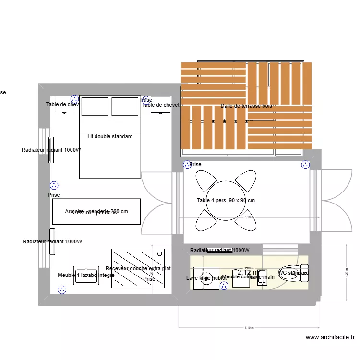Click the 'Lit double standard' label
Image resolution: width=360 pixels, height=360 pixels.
click(110, 137)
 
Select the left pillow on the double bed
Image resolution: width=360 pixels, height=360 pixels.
click(95, 107)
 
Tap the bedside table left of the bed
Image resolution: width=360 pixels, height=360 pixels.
click(64, 105)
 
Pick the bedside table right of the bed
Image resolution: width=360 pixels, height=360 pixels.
click(160, 105)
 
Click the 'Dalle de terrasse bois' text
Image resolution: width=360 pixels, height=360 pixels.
click(246, 106)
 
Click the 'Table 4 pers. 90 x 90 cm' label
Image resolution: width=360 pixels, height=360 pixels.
click(226, 201)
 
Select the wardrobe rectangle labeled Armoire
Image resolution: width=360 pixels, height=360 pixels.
click(96, 212)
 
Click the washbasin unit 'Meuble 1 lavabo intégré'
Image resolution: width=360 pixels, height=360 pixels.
click(86, 276)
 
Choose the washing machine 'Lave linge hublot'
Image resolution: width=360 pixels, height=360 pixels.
click(206, 278)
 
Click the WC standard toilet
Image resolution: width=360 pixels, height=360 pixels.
click(292, 273)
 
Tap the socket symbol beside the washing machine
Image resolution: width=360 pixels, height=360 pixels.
click(224, 286)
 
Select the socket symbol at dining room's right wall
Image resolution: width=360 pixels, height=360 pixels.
click(305, 165)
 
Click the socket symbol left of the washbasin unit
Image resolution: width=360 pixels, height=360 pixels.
click(61, 289)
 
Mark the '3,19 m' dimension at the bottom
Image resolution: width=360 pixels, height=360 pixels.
click(249, 328)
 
